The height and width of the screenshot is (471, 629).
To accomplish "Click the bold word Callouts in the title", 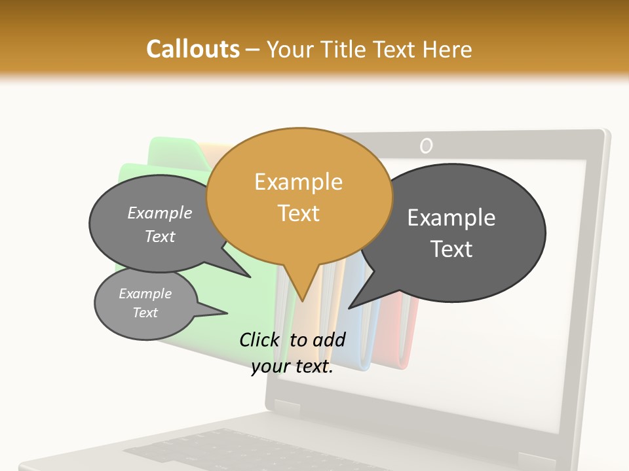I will tap(193, 49).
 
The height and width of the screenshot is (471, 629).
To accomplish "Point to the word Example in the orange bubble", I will tap(298, 182).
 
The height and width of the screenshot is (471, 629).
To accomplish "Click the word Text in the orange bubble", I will tap(298, 213).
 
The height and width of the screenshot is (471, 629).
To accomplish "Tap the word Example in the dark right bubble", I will tap(451, 218).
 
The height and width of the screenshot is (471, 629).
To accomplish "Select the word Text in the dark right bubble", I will tap(451, 249).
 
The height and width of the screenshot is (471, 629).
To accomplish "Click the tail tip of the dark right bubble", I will tap(350, 307).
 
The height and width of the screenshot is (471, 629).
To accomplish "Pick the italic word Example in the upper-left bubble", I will tap(159, 213).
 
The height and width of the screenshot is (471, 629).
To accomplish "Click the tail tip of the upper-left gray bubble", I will tap(250, 277).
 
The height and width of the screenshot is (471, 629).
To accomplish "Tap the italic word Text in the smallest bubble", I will tap(145, 313).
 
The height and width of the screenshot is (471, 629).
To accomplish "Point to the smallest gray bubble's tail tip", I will tap(227, 313).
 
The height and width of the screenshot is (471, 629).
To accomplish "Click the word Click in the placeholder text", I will tap(261, 340).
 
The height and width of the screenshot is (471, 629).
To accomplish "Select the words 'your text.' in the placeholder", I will tap(292, 367).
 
